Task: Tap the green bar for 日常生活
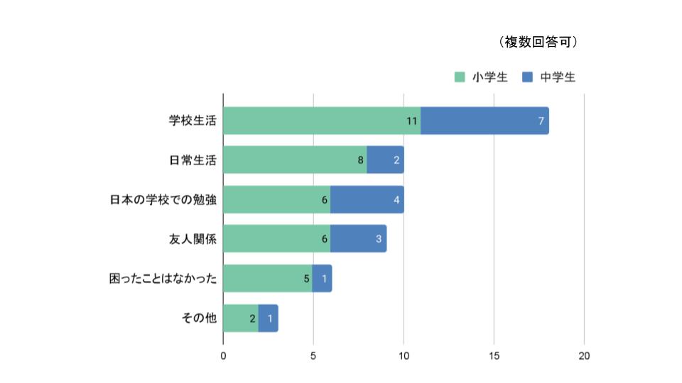point(295,160)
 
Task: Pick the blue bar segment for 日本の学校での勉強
point(366,199)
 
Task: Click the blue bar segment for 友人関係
point(357,239)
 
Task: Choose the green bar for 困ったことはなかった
point(267,279)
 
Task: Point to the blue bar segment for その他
point(268,318)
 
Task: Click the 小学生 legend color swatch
point(460,77)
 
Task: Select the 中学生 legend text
point(558,77)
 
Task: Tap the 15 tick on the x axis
point(494,355)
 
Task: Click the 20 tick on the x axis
point(584,355)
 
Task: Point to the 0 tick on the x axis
point(223,355)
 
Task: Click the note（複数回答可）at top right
point(538,43)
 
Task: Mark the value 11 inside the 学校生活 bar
point(411,121)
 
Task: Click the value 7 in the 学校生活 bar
point(541,121)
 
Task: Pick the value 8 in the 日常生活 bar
point(361,160)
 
